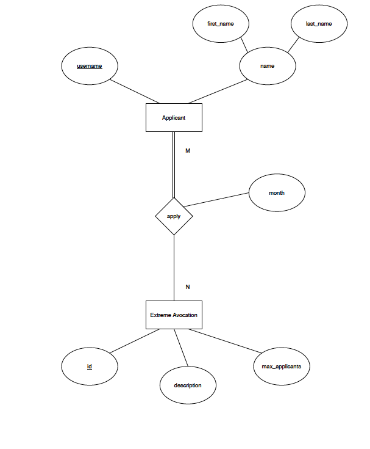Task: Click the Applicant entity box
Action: click(x=174, y=117)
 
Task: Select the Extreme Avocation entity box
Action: click(x=174, y=315)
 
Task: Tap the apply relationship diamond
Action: click(x=174, y=216)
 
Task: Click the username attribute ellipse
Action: click(x=90, y=65)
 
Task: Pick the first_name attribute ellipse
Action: click(x=220, y=24)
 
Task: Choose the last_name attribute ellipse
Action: click(x=318, y=24)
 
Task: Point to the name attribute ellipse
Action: click(x=268, y=65)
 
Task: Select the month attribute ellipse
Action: click(x=277, y=193)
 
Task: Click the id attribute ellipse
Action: click(x=90, y=367)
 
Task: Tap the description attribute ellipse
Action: click(x=187, y=385)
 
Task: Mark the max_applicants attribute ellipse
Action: click(x=281, y=367)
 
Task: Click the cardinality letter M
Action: click(x=188, y=150)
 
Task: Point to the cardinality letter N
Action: click(x=188, y=287)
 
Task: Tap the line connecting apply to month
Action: click(x=216, y=200)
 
